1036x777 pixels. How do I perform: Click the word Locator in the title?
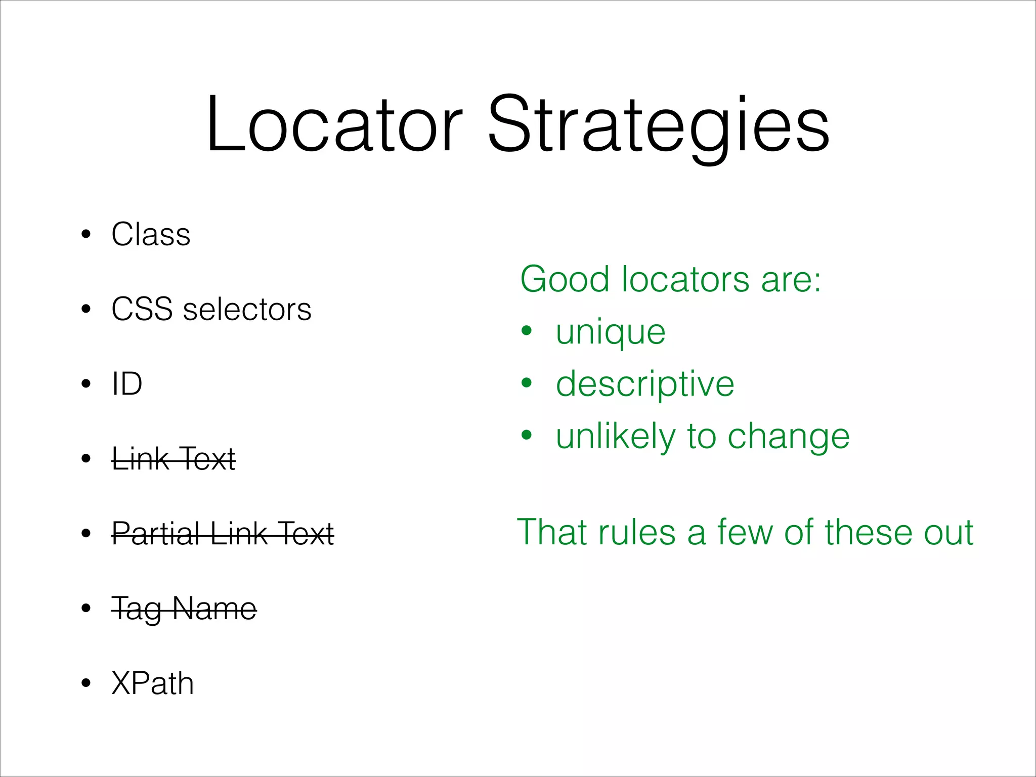[x=334, y=124]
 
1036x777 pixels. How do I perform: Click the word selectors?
[x=247, y=309]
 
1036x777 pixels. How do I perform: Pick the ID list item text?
[x=127, y=384]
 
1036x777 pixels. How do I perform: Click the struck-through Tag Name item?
[x=184, y=609]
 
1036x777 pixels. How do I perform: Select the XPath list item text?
[x=152, y=683]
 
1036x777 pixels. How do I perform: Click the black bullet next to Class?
[x=86, y=235]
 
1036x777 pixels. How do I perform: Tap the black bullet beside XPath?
[x=86, y=683]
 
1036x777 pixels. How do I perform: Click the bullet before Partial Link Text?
[x=86, y=534]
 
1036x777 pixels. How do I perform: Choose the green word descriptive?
[x=645, y=384]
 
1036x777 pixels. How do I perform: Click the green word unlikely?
[x=615, y=436]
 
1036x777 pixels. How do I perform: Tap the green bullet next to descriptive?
[x=527, y=383]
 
